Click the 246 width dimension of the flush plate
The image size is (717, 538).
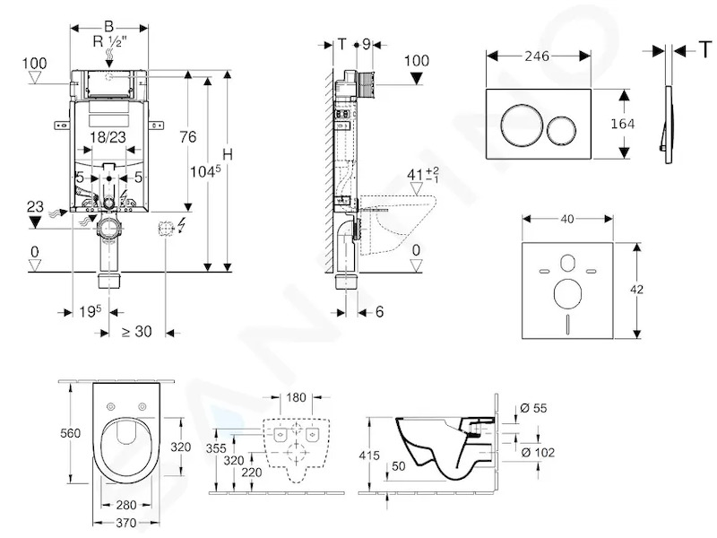[x=537, y=56]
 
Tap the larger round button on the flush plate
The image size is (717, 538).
[x=522, y=125]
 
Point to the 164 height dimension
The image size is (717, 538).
[x=623, y=124]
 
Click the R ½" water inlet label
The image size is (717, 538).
[x=109, y=41]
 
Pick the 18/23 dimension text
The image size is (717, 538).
[x=108, y=136]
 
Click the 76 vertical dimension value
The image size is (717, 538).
[x=188, y=136]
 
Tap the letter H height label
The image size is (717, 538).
[x=228, y=154]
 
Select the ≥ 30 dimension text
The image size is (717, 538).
[x=137, y=331]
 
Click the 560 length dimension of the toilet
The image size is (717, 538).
[x=71, y=433]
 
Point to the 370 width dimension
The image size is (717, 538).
[x=125, y=523]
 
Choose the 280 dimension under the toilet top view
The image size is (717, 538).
[x=125, y=505]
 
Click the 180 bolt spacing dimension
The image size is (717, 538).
[x=296, y=397]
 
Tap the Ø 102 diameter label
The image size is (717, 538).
[x=538, y=453]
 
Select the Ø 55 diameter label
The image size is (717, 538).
[x=533, y=408]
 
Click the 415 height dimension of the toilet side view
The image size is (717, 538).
[x=369, y=456]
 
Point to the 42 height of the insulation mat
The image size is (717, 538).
[x=636, y=289]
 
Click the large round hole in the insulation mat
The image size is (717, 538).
[x=567, y=294]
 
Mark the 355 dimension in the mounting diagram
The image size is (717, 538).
[x=216, y=448]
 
